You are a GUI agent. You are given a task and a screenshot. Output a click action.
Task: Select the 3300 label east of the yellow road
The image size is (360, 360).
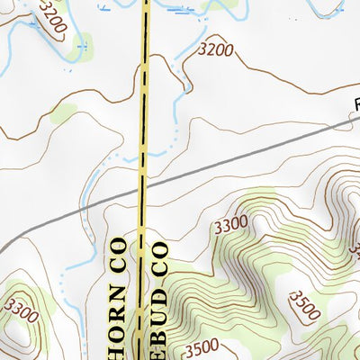[x=232, y=223]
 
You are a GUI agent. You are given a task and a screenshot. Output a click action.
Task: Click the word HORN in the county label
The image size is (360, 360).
[x=118, y=316]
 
